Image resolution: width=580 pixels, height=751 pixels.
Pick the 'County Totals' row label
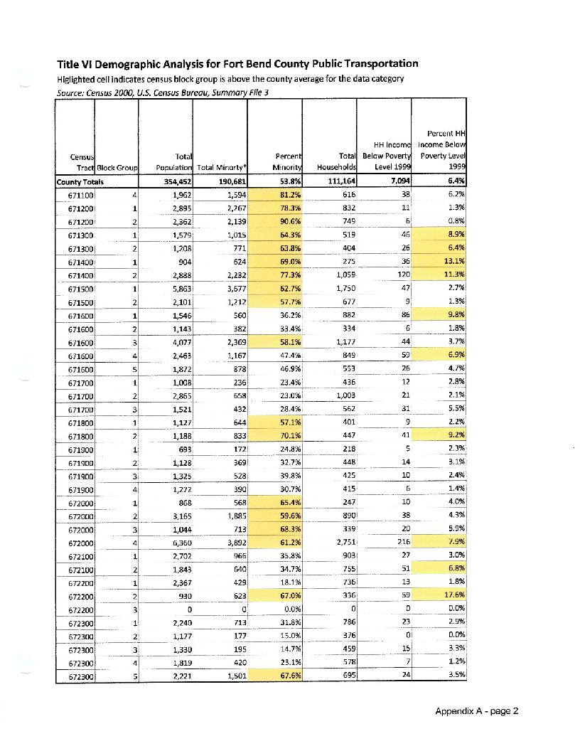pyautogui.click(x=80, y=181)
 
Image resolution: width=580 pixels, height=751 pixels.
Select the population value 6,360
pyautogui.click(x=173, y=542)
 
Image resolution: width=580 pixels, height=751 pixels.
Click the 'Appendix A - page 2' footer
pyautogui.click(x=478, y=711)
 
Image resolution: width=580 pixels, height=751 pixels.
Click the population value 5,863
pyautogui.click(x=173, y=287)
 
